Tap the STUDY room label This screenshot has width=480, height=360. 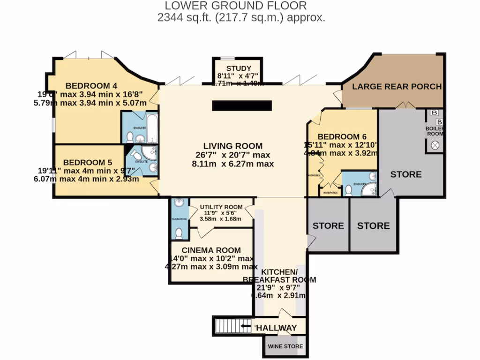[x=238, y=68]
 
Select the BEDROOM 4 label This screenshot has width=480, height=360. [x=91, y=86]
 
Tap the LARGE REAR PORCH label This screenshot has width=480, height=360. [x=397, y=86]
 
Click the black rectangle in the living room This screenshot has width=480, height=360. [x=242, y=105]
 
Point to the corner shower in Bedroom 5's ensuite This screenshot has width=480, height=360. [x=150, y=153]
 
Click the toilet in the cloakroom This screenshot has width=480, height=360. [x=179, y=233]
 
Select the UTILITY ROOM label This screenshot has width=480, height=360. [x=221, y=207]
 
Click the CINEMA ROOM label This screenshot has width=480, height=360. [x=211, y=250]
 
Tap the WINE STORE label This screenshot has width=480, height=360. [x=285, y=347]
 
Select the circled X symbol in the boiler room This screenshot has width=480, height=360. [x=435, y=145]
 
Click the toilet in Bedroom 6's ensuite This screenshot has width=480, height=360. [x=349, y=190]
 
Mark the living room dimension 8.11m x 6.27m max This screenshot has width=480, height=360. [x=232, y=164]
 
